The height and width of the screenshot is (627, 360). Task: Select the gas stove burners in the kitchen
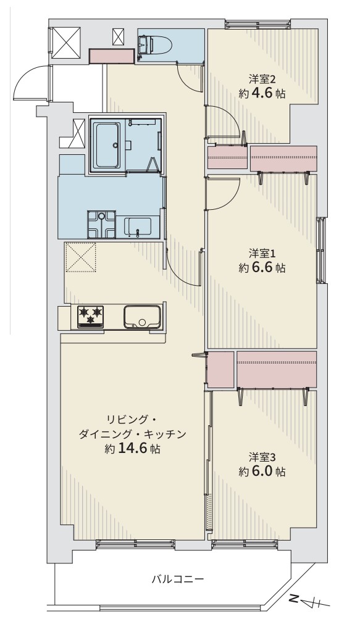[90, 317]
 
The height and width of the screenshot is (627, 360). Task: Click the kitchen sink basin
[143, 317]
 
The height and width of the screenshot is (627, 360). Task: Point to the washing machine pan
[102, 224]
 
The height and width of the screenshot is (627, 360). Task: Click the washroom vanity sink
[137, 227]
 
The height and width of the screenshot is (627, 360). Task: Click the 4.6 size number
[262, 94]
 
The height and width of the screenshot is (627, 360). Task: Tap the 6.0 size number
[262, 471]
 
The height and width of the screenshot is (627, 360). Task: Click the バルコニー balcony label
[178, 579]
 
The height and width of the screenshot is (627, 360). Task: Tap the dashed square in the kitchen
[81, 257]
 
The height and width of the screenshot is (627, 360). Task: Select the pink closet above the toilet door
[112, 56]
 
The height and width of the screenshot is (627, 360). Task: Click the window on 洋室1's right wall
[321, 251]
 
